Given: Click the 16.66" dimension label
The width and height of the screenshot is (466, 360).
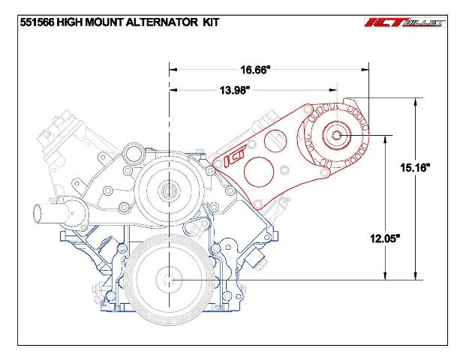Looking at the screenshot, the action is click(x=255, y=70).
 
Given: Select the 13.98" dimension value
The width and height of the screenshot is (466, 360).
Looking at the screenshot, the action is click(x=234, y=90).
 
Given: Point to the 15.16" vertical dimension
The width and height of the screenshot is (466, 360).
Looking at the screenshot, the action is click(x=415, y=168).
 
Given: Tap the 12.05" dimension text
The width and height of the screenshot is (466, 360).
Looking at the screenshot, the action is click(x=385, y=238).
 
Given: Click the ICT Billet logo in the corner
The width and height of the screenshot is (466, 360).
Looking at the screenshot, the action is click(x=405, y=22).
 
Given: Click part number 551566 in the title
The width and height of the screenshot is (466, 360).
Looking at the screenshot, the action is click(x=37, y=22).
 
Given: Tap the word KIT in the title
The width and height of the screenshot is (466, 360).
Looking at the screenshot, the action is click(x=211, y=22).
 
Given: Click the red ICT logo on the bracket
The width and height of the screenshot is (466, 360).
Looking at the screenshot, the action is click(x=235, y=154).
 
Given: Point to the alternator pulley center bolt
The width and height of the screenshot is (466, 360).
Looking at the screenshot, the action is click(x=337, y=136).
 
